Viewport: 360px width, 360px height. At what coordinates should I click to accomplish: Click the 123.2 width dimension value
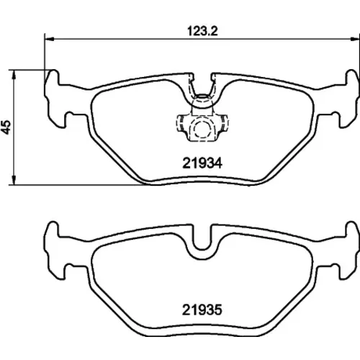click(x=202, y=32)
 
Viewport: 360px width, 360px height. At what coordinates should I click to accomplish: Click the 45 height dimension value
click(x=6, y=127)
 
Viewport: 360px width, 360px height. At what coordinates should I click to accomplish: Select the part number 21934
click(x=202, y=163)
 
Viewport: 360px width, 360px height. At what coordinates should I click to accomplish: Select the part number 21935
click(x=202, y=310)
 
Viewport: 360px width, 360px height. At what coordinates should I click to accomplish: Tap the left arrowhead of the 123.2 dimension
click(x=49, y=38)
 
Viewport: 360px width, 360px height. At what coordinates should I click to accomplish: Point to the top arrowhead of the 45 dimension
click(x=14, y=75)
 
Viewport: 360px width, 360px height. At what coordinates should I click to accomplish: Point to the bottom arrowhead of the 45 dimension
click(x=14, y=181)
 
